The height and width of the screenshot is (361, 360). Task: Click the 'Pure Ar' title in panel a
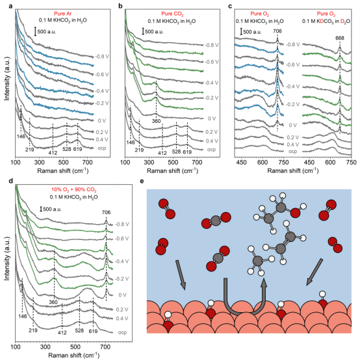[63, 14]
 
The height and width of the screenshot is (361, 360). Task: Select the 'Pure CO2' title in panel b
[172, 14]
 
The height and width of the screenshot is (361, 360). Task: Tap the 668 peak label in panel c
[340, 38]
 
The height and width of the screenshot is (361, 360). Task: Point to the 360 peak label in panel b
[156, 121]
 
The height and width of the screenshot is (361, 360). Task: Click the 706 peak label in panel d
[106, 212]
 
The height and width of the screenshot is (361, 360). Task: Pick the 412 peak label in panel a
[53, 152]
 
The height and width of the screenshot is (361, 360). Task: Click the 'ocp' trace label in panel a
[101, 148]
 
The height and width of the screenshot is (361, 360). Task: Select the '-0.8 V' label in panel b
[212, 45]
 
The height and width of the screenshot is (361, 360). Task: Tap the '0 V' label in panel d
[122, 295]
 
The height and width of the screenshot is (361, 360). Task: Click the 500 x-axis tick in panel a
[63, 163]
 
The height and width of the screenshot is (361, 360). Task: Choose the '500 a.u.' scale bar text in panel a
[47, 32]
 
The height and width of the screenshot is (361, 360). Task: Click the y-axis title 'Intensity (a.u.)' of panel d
[7, 258]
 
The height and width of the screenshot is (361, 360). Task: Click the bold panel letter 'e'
[142, 181]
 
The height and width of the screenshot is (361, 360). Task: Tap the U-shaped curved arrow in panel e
[242, 312]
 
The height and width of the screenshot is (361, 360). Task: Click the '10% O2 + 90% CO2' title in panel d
[73, 190]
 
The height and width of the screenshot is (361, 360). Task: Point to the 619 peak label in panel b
[187, 152]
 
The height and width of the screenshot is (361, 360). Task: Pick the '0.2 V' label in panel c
[293, 137]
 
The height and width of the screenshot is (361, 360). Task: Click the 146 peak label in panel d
[23, 316]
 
